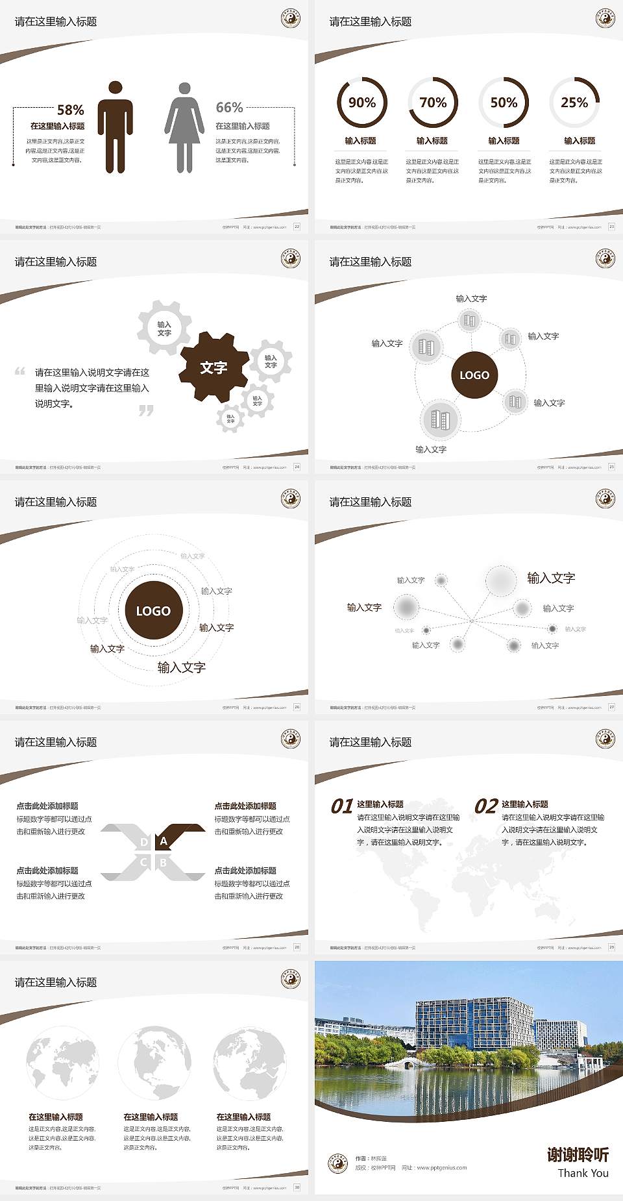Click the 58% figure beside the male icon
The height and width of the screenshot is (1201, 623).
click(70, 110)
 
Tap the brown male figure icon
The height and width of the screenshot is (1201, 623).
click(116, 127)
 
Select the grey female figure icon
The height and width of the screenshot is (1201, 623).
click(184, 128)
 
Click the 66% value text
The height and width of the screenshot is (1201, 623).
click(229, 107)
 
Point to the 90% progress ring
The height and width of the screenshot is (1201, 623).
click(361, 103)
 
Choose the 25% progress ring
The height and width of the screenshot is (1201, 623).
click(574, 103)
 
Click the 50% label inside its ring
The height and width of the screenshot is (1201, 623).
click(504, 103)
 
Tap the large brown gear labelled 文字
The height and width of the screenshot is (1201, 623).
click(214, 368)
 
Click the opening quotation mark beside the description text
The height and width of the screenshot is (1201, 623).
click(20, 371)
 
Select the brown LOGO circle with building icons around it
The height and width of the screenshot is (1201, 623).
click(474, 375)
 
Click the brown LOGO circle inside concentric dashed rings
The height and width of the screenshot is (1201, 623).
click(153, 611)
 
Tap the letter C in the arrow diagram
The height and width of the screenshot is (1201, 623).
click(143, 862)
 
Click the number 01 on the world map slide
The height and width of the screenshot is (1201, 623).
click(342, 806)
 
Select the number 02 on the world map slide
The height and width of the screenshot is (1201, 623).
click(486, 806)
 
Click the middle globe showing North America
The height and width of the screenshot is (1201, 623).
click(154, 1063)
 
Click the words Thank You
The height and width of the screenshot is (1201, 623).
click(583, 1173)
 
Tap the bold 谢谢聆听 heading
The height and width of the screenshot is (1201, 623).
click(578, 1154)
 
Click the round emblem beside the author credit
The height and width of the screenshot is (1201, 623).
click(337, 1163)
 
